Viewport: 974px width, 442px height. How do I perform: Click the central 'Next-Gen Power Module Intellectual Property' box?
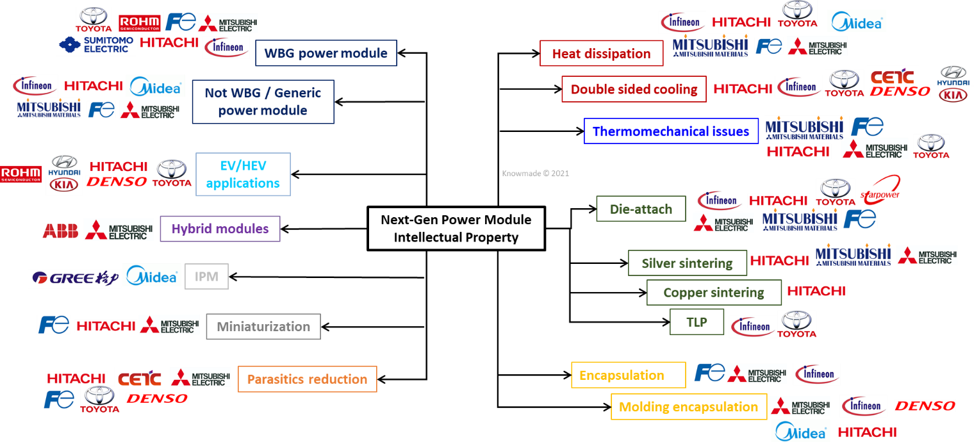[x=456, y=229]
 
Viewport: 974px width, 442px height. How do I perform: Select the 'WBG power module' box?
[x=326, y=53]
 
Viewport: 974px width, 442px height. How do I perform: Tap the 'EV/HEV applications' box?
[x=243, y=174]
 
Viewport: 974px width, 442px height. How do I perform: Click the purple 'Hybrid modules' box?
[x=220, y=229]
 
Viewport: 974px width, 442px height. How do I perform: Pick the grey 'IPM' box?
[x=206, y=277]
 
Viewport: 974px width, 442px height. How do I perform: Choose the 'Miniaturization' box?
[x=263, y=327]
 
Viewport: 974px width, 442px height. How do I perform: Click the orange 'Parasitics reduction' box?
[x=308, y=379]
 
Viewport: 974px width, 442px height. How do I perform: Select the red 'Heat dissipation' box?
[x=601, y=53]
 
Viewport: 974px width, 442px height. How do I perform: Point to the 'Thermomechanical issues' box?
[x=671, y=131]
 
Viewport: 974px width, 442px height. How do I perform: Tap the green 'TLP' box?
[x=697, y=322]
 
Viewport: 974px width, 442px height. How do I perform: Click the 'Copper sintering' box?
[x=714, y=293]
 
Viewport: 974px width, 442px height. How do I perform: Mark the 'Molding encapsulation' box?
[x=689, y=407]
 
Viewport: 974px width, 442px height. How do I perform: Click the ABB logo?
[x=60, y=231]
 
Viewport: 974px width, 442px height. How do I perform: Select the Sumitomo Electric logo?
[x=96, y=44]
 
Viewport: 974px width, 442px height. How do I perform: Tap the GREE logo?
[x=75, y=278]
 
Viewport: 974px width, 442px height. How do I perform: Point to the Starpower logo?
[x=880, y=190]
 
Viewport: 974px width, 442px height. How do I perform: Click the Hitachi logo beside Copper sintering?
[x=816, y=291]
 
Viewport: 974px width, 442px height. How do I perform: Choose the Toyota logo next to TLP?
[x=797, y=324]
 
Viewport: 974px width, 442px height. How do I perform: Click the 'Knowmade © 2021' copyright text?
[x=535, y=174]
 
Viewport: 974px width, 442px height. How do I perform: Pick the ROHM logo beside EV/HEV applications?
[x=21, y=174]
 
